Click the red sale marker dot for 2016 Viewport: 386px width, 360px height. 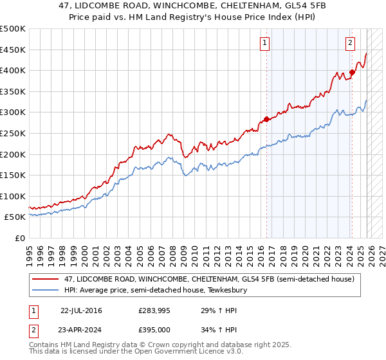click(266, 119)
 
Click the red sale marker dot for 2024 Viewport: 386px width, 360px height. click(352, 72)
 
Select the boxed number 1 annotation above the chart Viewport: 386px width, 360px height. click(265, 43)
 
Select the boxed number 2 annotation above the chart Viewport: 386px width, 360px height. click(350, 43)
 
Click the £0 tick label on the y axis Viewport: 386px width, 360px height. click(19, 238)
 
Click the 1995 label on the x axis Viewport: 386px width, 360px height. click(30, 251)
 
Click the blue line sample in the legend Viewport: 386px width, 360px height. click(46, 291)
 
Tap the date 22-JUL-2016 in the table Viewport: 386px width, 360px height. click(81, 310)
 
